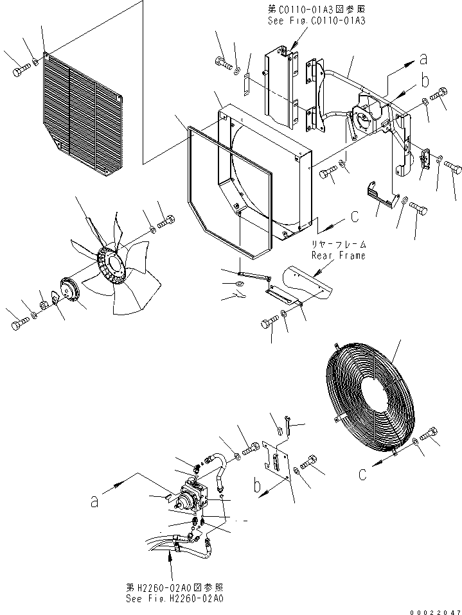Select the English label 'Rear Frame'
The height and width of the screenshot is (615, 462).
pyautogui.click(x=339, y=256)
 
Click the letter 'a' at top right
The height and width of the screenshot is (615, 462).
pyautogui.click(x=423, y=60)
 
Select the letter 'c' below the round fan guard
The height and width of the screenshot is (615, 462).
pyautogui.click(x=363, y=475)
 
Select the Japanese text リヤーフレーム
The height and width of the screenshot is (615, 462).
pyautogui.click(x=339, y=245)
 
